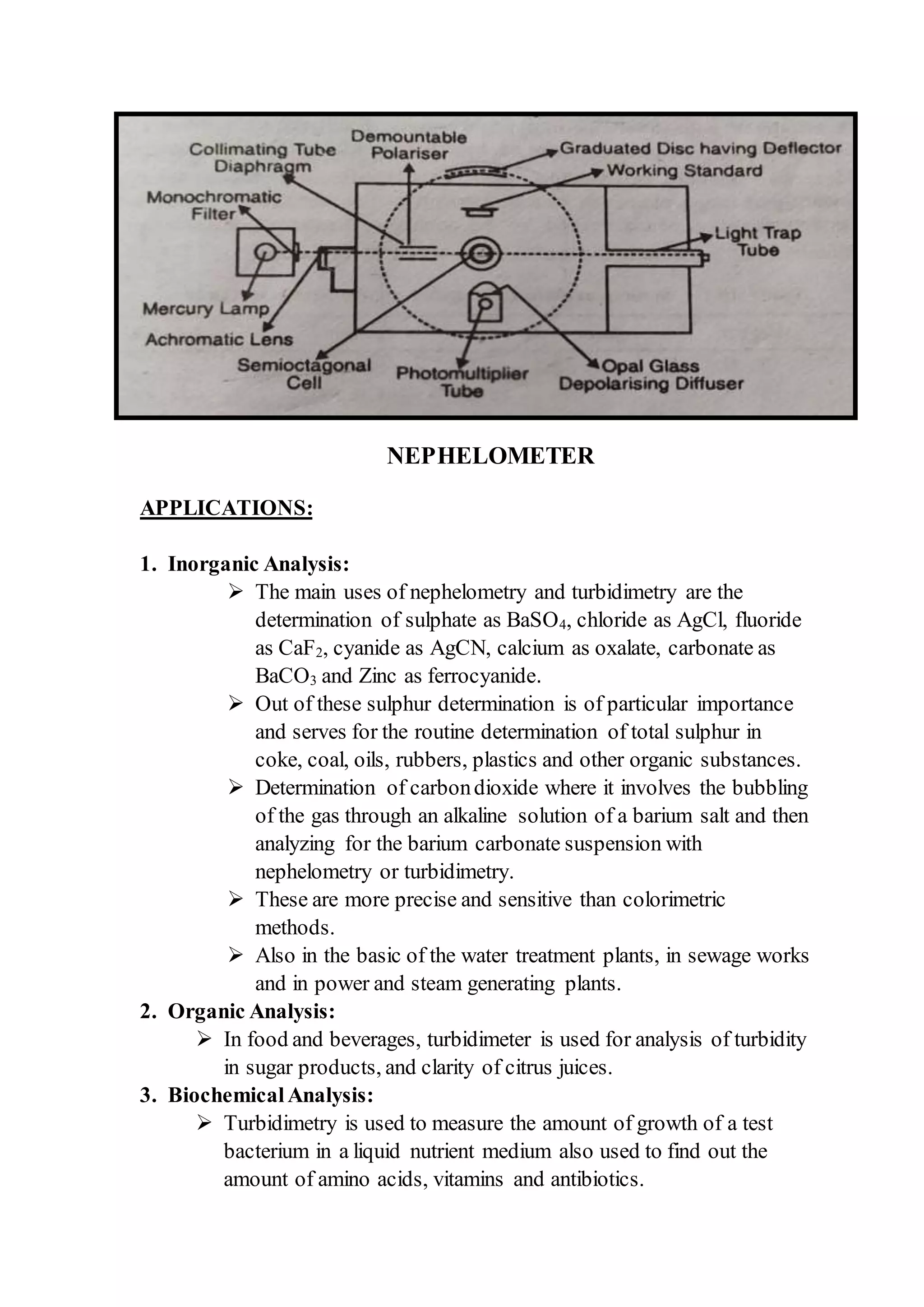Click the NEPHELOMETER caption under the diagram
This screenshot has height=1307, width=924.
click(490, 456)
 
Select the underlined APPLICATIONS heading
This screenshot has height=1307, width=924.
click(226, 508)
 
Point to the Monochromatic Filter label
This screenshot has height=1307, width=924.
click(213, 205)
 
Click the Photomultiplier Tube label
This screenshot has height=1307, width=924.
click(462, 382)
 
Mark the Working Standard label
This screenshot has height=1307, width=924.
click(684, 171)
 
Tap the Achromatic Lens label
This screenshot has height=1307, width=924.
click(219, 340)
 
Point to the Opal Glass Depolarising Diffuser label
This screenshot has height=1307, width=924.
click(651, 375)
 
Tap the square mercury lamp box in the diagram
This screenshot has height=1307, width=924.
click(266, 252)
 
